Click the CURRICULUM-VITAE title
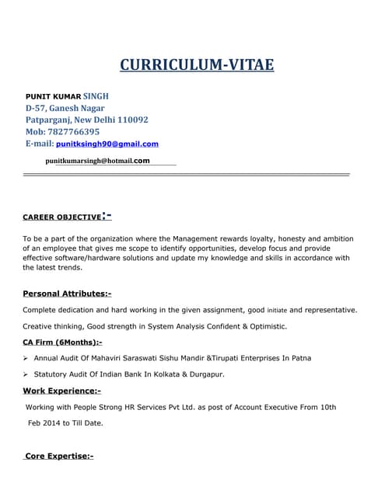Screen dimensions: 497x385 click(197, 64)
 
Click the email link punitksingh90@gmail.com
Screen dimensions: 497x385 click(107, 144)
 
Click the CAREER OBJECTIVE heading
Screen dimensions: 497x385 click(62, 217)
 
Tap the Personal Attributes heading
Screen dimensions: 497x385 click(67, 294)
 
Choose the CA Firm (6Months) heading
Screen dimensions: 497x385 click(62, 342)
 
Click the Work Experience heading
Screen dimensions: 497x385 click(61, 391)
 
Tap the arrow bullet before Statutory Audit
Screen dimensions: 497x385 click(26, 374)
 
